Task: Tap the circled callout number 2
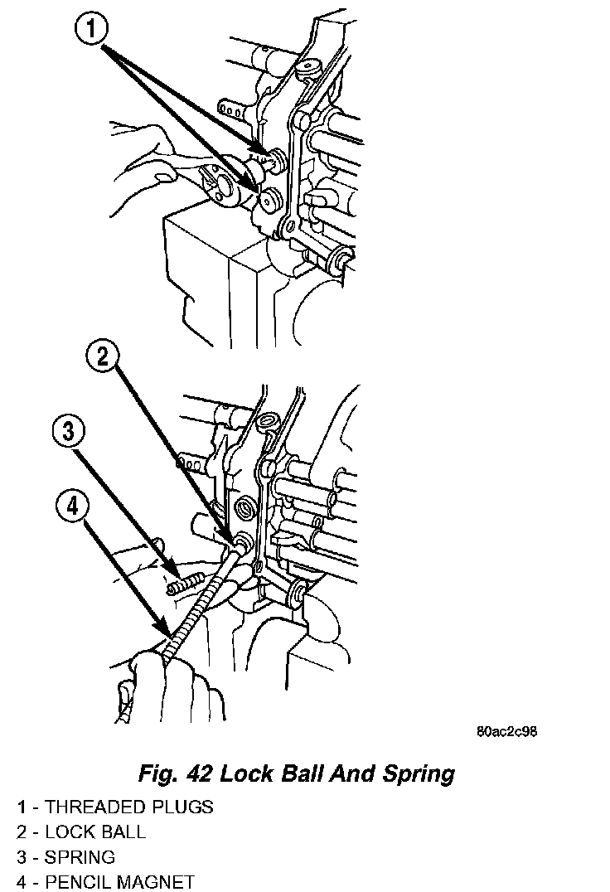pos(104,356)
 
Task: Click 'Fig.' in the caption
pos(157,774)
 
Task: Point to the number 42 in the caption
pos(202,774)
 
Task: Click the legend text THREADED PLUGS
pos(128,807)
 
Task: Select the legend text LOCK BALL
pos(94,831)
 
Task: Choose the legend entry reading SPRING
pos(80,856)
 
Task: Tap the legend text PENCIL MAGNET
pos(119,881)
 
